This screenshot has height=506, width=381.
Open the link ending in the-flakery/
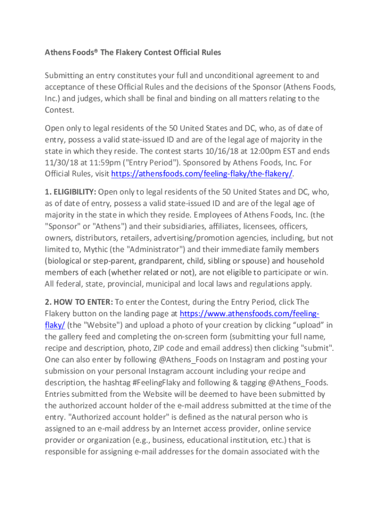[202, 174]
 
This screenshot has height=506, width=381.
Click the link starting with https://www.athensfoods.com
[249, 313]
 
